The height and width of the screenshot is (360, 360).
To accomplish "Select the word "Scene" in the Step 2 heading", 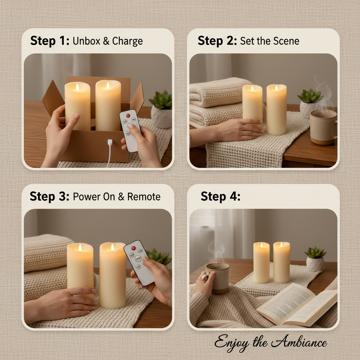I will (x=285, y=41).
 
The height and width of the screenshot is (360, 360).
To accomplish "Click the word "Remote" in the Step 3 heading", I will (x=144, y=197).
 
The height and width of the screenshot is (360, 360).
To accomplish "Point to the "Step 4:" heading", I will (x=220, y=197).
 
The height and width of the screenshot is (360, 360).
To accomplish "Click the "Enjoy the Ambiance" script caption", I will (x=271, y=343).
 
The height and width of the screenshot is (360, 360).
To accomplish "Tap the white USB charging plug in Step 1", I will (x=110, y=143).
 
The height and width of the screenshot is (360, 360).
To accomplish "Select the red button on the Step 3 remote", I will (x=133, y=248).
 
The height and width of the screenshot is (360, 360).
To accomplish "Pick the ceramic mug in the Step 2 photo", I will (x=323, y=127).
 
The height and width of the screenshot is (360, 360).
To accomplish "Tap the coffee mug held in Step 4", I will (x=217, y=278).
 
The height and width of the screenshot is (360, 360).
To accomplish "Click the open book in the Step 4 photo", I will (x=297, y=304).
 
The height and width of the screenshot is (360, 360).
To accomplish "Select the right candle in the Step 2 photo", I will (x=276, y=110).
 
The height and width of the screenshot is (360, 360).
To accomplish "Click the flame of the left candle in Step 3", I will (x=80, y=247).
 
